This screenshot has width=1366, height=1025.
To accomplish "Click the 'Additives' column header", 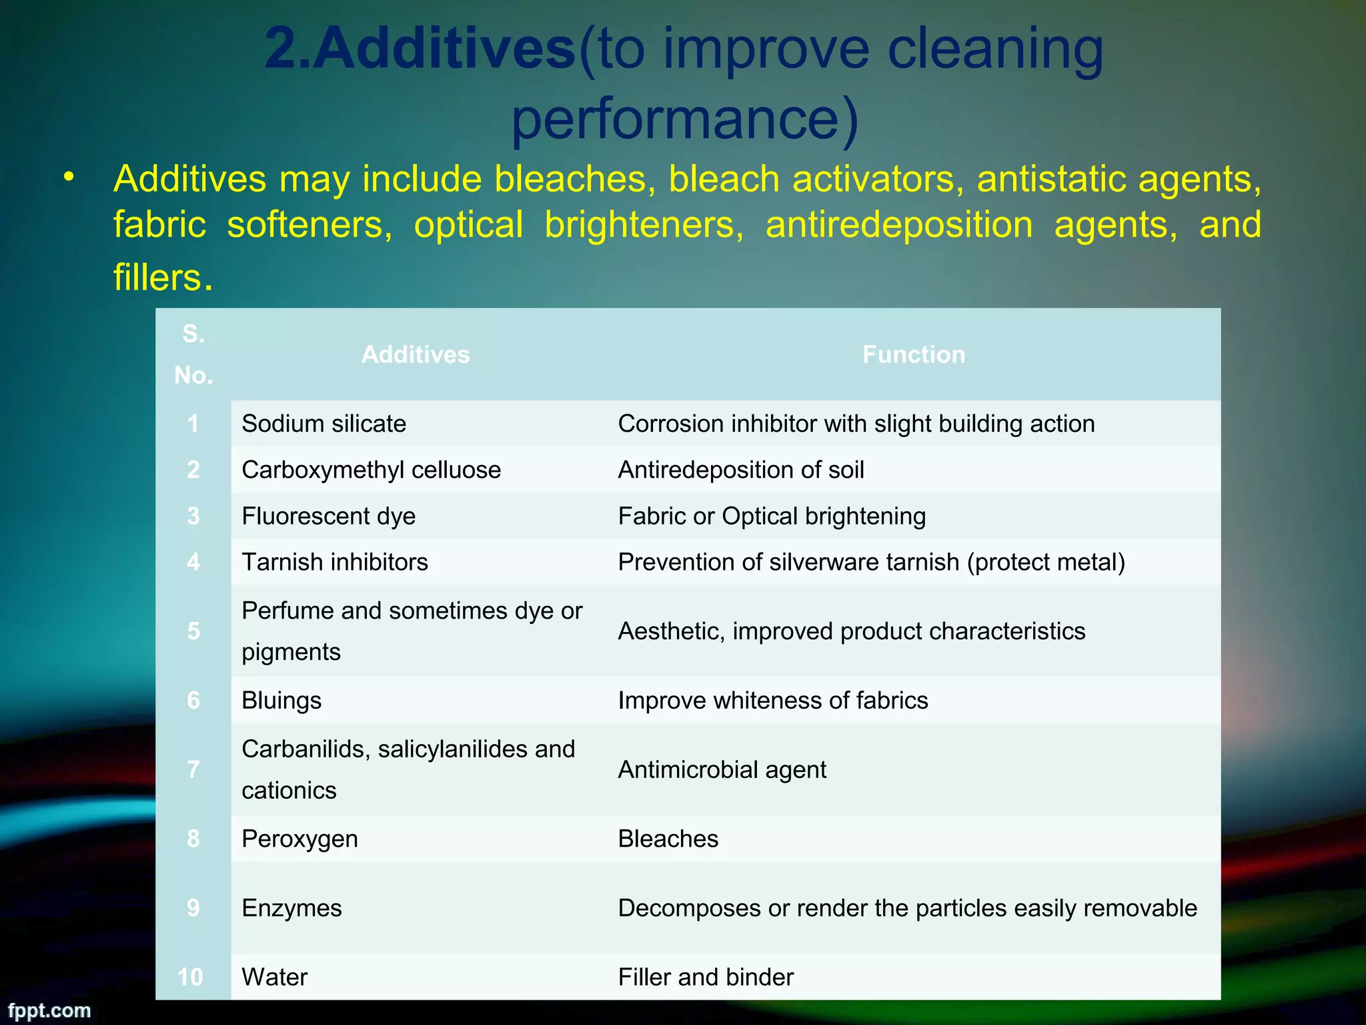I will pos(416,354).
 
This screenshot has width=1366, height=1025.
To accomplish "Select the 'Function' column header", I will pos(913,354).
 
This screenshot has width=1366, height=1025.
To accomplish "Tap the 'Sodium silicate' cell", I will pos(324,424).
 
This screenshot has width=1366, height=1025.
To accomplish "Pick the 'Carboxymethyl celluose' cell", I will pos(371,470).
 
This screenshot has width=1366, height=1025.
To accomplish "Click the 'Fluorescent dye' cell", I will pos(329,516).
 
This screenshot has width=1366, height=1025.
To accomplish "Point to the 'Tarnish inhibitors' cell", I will pos(335,562).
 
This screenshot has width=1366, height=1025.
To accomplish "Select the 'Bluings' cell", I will pos(281,700).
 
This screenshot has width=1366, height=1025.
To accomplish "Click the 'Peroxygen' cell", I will pos(299,839).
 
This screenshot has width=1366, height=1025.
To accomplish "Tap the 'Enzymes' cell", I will pos(291,908).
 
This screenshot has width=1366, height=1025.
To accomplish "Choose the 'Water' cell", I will pos(275,977).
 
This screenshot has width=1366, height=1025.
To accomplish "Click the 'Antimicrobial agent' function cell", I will pos(722,769).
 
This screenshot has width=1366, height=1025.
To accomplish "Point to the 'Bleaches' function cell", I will pos(668,839).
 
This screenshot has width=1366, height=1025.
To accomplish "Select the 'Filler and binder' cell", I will pos(706,977).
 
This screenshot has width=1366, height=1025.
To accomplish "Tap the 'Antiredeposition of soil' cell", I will pos(740,470).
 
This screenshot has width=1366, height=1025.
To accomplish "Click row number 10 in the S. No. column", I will pos(191,977).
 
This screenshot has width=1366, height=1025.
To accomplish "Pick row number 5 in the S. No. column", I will pos(193,631).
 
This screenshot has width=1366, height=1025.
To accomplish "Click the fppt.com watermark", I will pos(49,1010).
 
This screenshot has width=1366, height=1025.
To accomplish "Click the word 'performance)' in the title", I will pos(684,119).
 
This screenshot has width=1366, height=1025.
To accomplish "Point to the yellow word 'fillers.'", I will pos(163,277).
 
